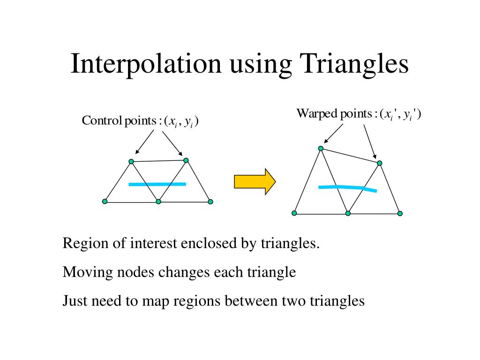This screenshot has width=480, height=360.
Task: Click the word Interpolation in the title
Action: [145, 64]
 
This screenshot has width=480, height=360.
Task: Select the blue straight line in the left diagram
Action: [157, 184]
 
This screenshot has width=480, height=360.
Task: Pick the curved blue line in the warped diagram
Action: [347, 188]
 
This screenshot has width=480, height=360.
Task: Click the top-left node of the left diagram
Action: [131, 162]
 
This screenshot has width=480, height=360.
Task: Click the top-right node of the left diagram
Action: [186, 160]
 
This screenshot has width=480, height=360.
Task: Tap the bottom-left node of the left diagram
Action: [105, 202]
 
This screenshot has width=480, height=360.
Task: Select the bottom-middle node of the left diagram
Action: [158, 202]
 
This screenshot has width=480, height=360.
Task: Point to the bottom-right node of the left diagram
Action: [210, 202]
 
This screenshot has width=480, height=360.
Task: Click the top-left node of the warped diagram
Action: [321, 149]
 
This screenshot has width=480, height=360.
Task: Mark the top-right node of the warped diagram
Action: [380, 163]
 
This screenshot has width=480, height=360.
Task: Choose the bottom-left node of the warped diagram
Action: [294, 213]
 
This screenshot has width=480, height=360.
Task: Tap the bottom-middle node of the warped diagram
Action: [348, 213]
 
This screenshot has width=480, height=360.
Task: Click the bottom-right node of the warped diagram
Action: [400, 213]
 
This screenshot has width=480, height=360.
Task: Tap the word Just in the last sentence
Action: [73, 300]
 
